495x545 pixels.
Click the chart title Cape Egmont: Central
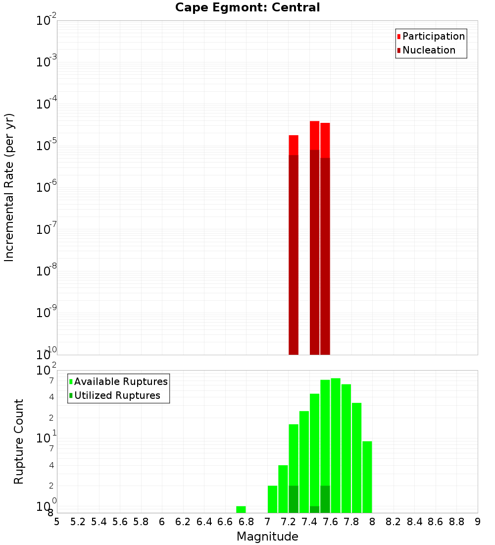click(247, 7)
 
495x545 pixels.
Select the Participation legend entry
click(434, 36)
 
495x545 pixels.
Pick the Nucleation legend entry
click(429, 50)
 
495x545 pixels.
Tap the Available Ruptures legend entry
click(121, 381)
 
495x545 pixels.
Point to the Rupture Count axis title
click(19, 441)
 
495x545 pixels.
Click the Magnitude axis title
click(267, 537)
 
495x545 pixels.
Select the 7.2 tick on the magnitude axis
click(289, 522)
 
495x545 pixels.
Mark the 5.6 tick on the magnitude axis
click(120, 522)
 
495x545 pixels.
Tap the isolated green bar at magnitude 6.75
click(241, 509)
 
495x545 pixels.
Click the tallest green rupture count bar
click(336, 446)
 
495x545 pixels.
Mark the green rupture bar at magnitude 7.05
click(273, 499)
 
